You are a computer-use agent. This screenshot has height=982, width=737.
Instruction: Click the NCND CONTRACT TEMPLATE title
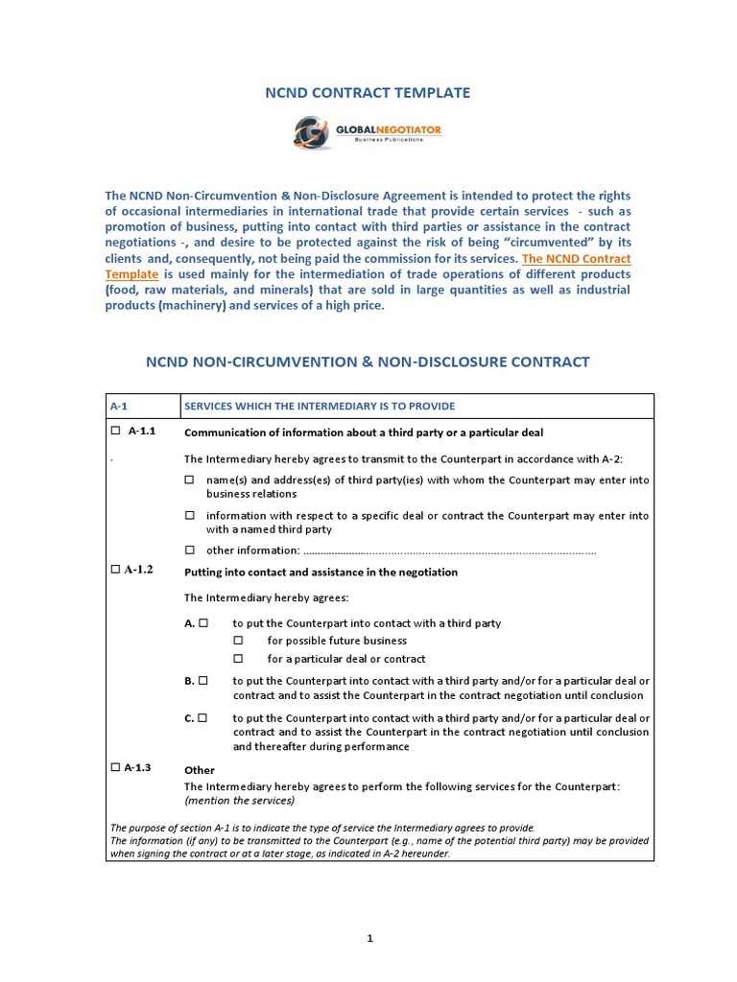tap(368, 93)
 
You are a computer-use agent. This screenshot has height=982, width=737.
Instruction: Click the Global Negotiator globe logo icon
tap(313, 132)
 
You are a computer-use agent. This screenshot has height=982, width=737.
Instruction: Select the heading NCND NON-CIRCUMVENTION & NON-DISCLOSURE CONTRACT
tap(368, 362)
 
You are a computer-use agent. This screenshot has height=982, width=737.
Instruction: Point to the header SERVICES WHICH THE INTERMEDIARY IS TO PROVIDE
tap(320, 406)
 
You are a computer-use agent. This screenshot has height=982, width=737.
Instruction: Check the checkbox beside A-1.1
tap(115, 431)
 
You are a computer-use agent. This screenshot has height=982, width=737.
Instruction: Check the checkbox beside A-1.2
tap(115, 569)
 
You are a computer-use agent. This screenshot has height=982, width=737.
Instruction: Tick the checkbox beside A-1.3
tap(115, 766)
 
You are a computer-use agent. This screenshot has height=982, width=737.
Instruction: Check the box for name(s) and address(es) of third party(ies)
tap(189, 479)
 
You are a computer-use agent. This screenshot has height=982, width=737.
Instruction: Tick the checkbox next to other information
tap(189, 549)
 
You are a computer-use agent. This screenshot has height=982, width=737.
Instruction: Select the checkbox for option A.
tap(203, 622)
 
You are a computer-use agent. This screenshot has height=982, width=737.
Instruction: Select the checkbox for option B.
tap(203, 680)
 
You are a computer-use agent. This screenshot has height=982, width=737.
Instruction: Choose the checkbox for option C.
tap(203, 717)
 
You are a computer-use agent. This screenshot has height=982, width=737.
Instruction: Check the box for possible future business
tap(239, 640)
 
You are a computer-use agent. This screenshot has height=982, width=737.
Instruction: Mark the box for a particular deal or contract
tap(239, 659)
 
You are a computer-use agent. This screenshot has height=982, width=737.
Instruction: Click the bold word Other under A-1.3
tap(199, 770)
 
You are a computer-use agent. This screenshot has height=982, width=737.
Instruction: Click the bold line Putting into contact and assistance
tap(321, 573)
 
